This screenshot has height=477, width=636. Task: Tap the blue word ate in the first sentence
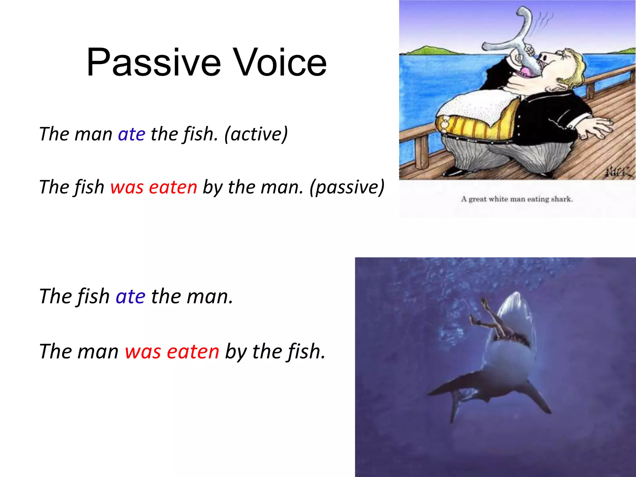[x=131, y=134]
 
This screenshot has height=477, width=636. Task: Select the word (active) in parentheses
[x=256, y=134]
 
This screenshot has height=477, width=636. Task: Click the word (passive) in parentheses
[x=347, y=188]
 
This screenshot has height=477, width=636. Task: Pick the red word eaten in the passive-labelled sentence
[x=173, y=188]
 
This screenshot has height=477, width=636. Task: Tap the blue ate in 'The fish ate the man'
[x=130, y=297]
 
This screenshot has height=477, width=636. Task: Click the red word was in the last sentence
[x=143, y=352]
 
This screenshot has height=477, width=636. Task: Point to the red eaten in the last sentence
[x=193, y=352]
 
